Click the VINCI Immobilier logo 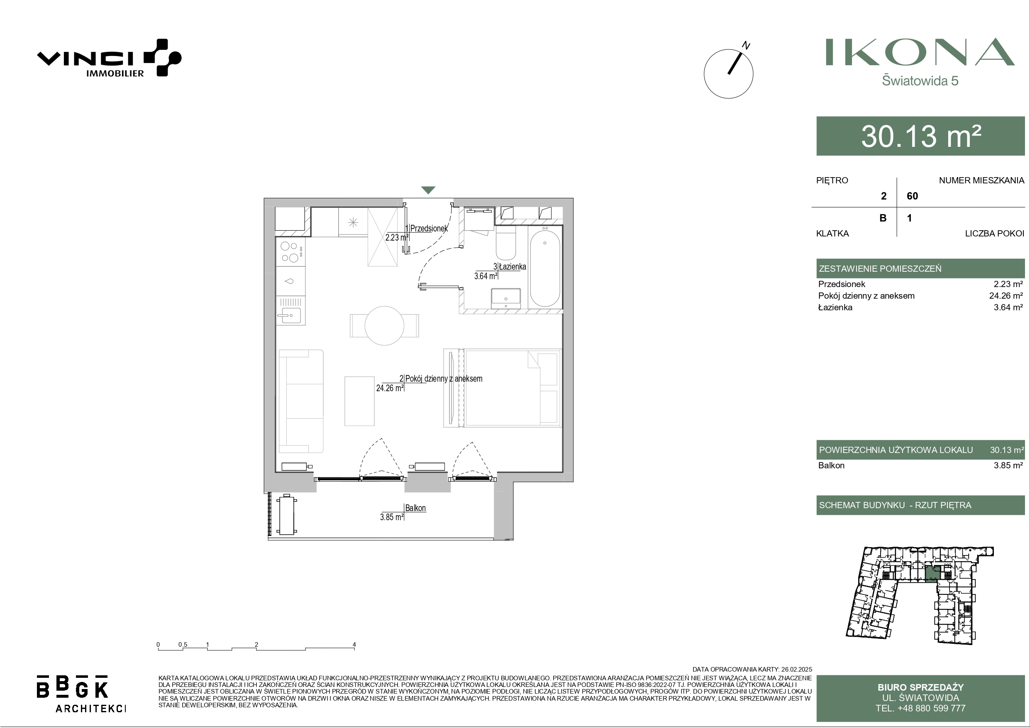click(109, 58)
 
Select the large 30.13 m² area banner click(920, 136)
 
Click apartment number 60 click(912, 196)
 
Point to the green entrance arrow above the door click(428, 190)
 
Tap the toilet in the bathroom click(506, 243)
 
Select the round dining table click(384, 326)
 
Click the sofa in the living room click(301, 402)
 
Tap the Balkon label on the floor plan click(415, 508)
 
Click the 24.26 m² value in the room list click(1006, 296)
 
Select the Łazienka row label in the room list click(835, 308)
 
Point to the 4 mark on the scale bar click(354, 645)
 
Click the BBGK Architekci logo click(81, 694)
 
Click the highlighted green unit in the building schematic click(932, 573)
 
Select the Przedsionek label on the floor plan click(429, 228)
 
